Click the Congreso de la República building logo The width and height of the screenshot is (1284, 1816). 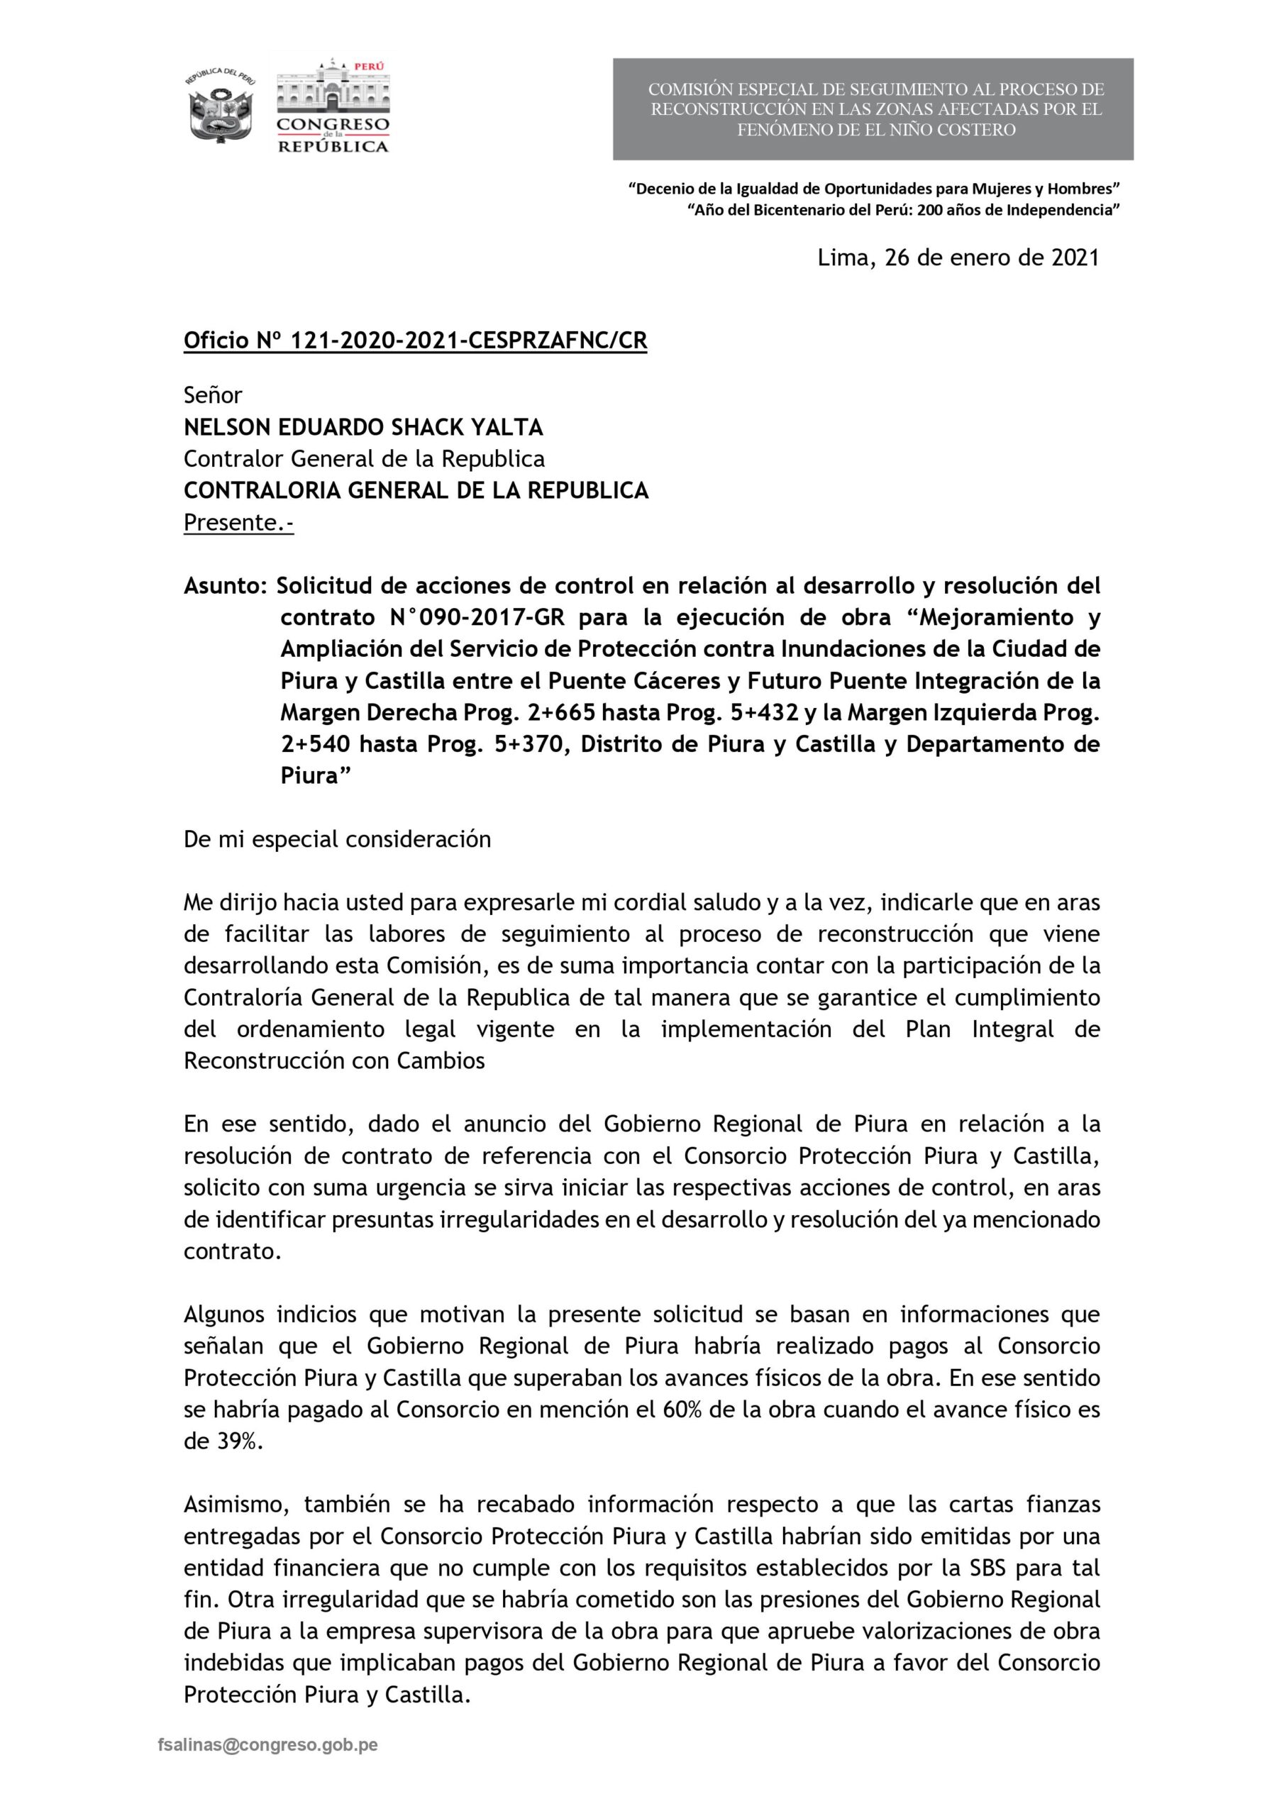tap(332, 105)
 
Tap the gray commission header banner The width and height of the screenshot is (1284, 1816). tap(873, 109)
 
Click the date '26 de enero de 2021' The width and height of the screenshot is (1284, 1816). tap(992, 258)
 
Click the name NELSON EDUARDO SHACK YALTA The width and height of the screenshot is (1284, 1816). tap(363, 427)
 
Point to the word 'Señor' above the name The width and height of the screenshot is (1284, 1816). tap(213, 394)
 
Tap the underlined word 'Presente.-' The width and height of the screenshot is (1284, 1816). tap(238, 523)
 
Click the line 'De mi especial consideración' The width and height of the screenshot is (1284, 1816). tap(337, 839)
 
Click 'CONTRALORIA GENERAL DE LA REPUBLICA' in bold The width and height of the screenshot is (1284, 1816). tap(415, 490)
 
